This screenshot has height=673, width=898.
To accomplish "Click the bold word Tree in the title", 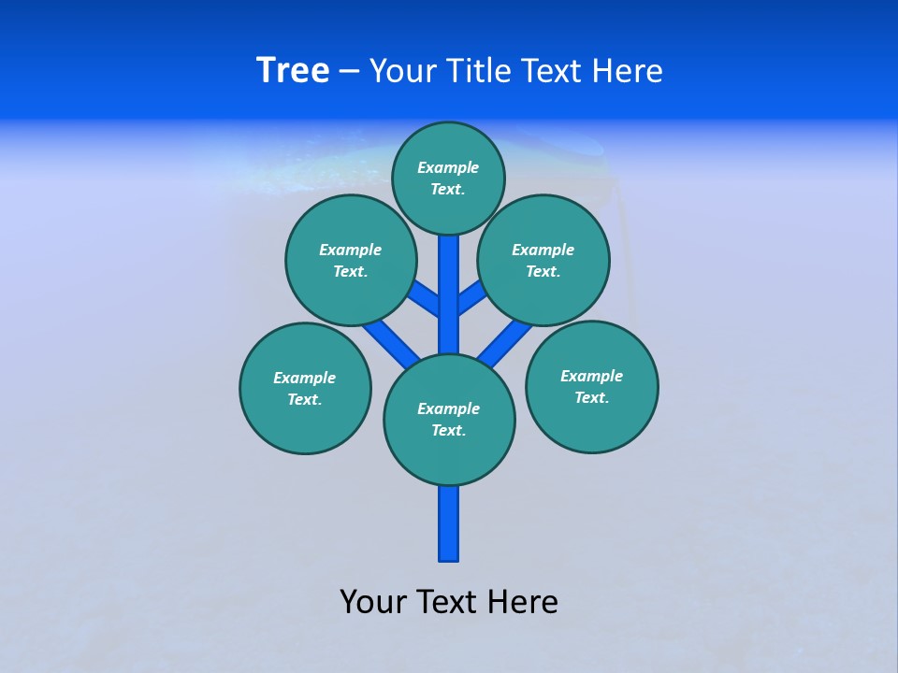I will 293,71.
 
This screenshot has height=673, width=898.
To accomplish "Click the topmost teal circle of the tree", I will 448,178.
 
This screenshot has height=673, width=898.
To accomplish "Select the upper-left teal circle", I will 351,260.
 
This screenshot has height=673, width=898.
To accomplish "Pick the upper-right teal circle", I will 543,260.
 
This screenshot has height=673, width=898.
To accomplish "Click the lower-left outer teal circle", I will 305,388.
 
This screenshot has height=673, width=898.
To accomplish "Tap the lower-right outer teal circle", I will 591,386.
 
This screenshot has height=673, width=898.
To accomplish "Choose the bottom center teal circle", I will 449,419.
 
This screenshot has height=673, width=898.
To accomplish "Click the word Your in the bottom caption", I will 372,602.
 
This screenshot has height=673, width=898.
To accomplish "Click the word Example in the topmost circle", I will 448,167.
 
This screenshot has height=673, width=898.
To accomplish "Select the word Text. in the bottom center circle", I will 448,430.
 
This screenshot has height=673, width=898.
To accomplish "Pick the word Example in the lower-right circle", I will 591,376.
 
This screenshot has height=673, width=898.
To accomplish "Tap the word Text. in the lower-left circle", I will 305,399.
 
